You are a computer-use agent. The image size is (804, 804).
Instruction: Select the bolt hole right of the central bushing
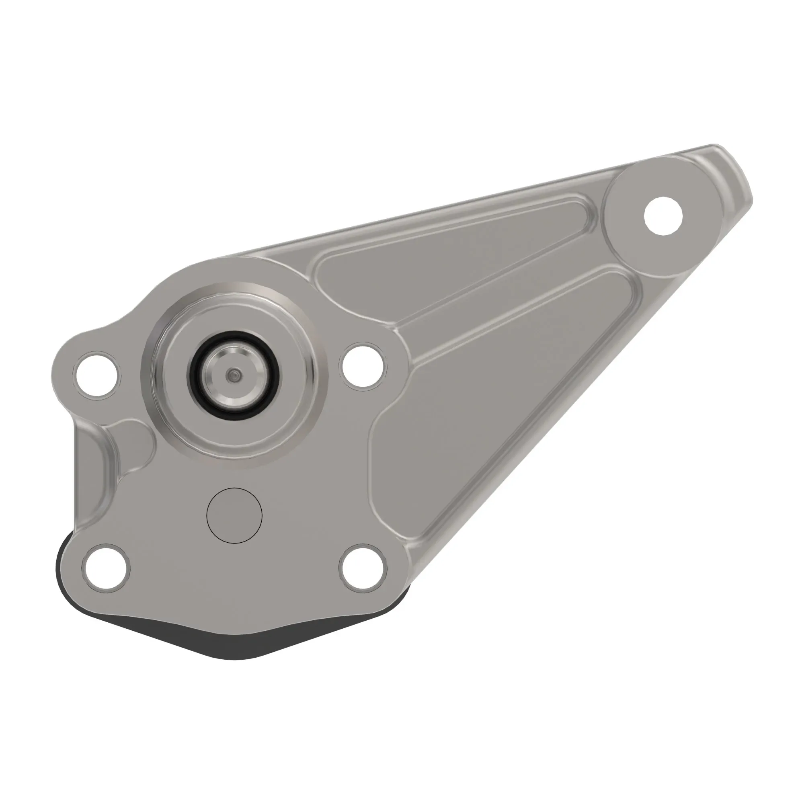(x=363, y=366)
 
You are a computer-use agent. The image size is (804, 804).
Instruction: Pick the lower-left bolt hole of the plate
(x=106, y=568)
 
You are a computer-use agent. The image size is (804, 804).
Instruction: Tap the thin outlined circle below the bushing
(x=234, y=516)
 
